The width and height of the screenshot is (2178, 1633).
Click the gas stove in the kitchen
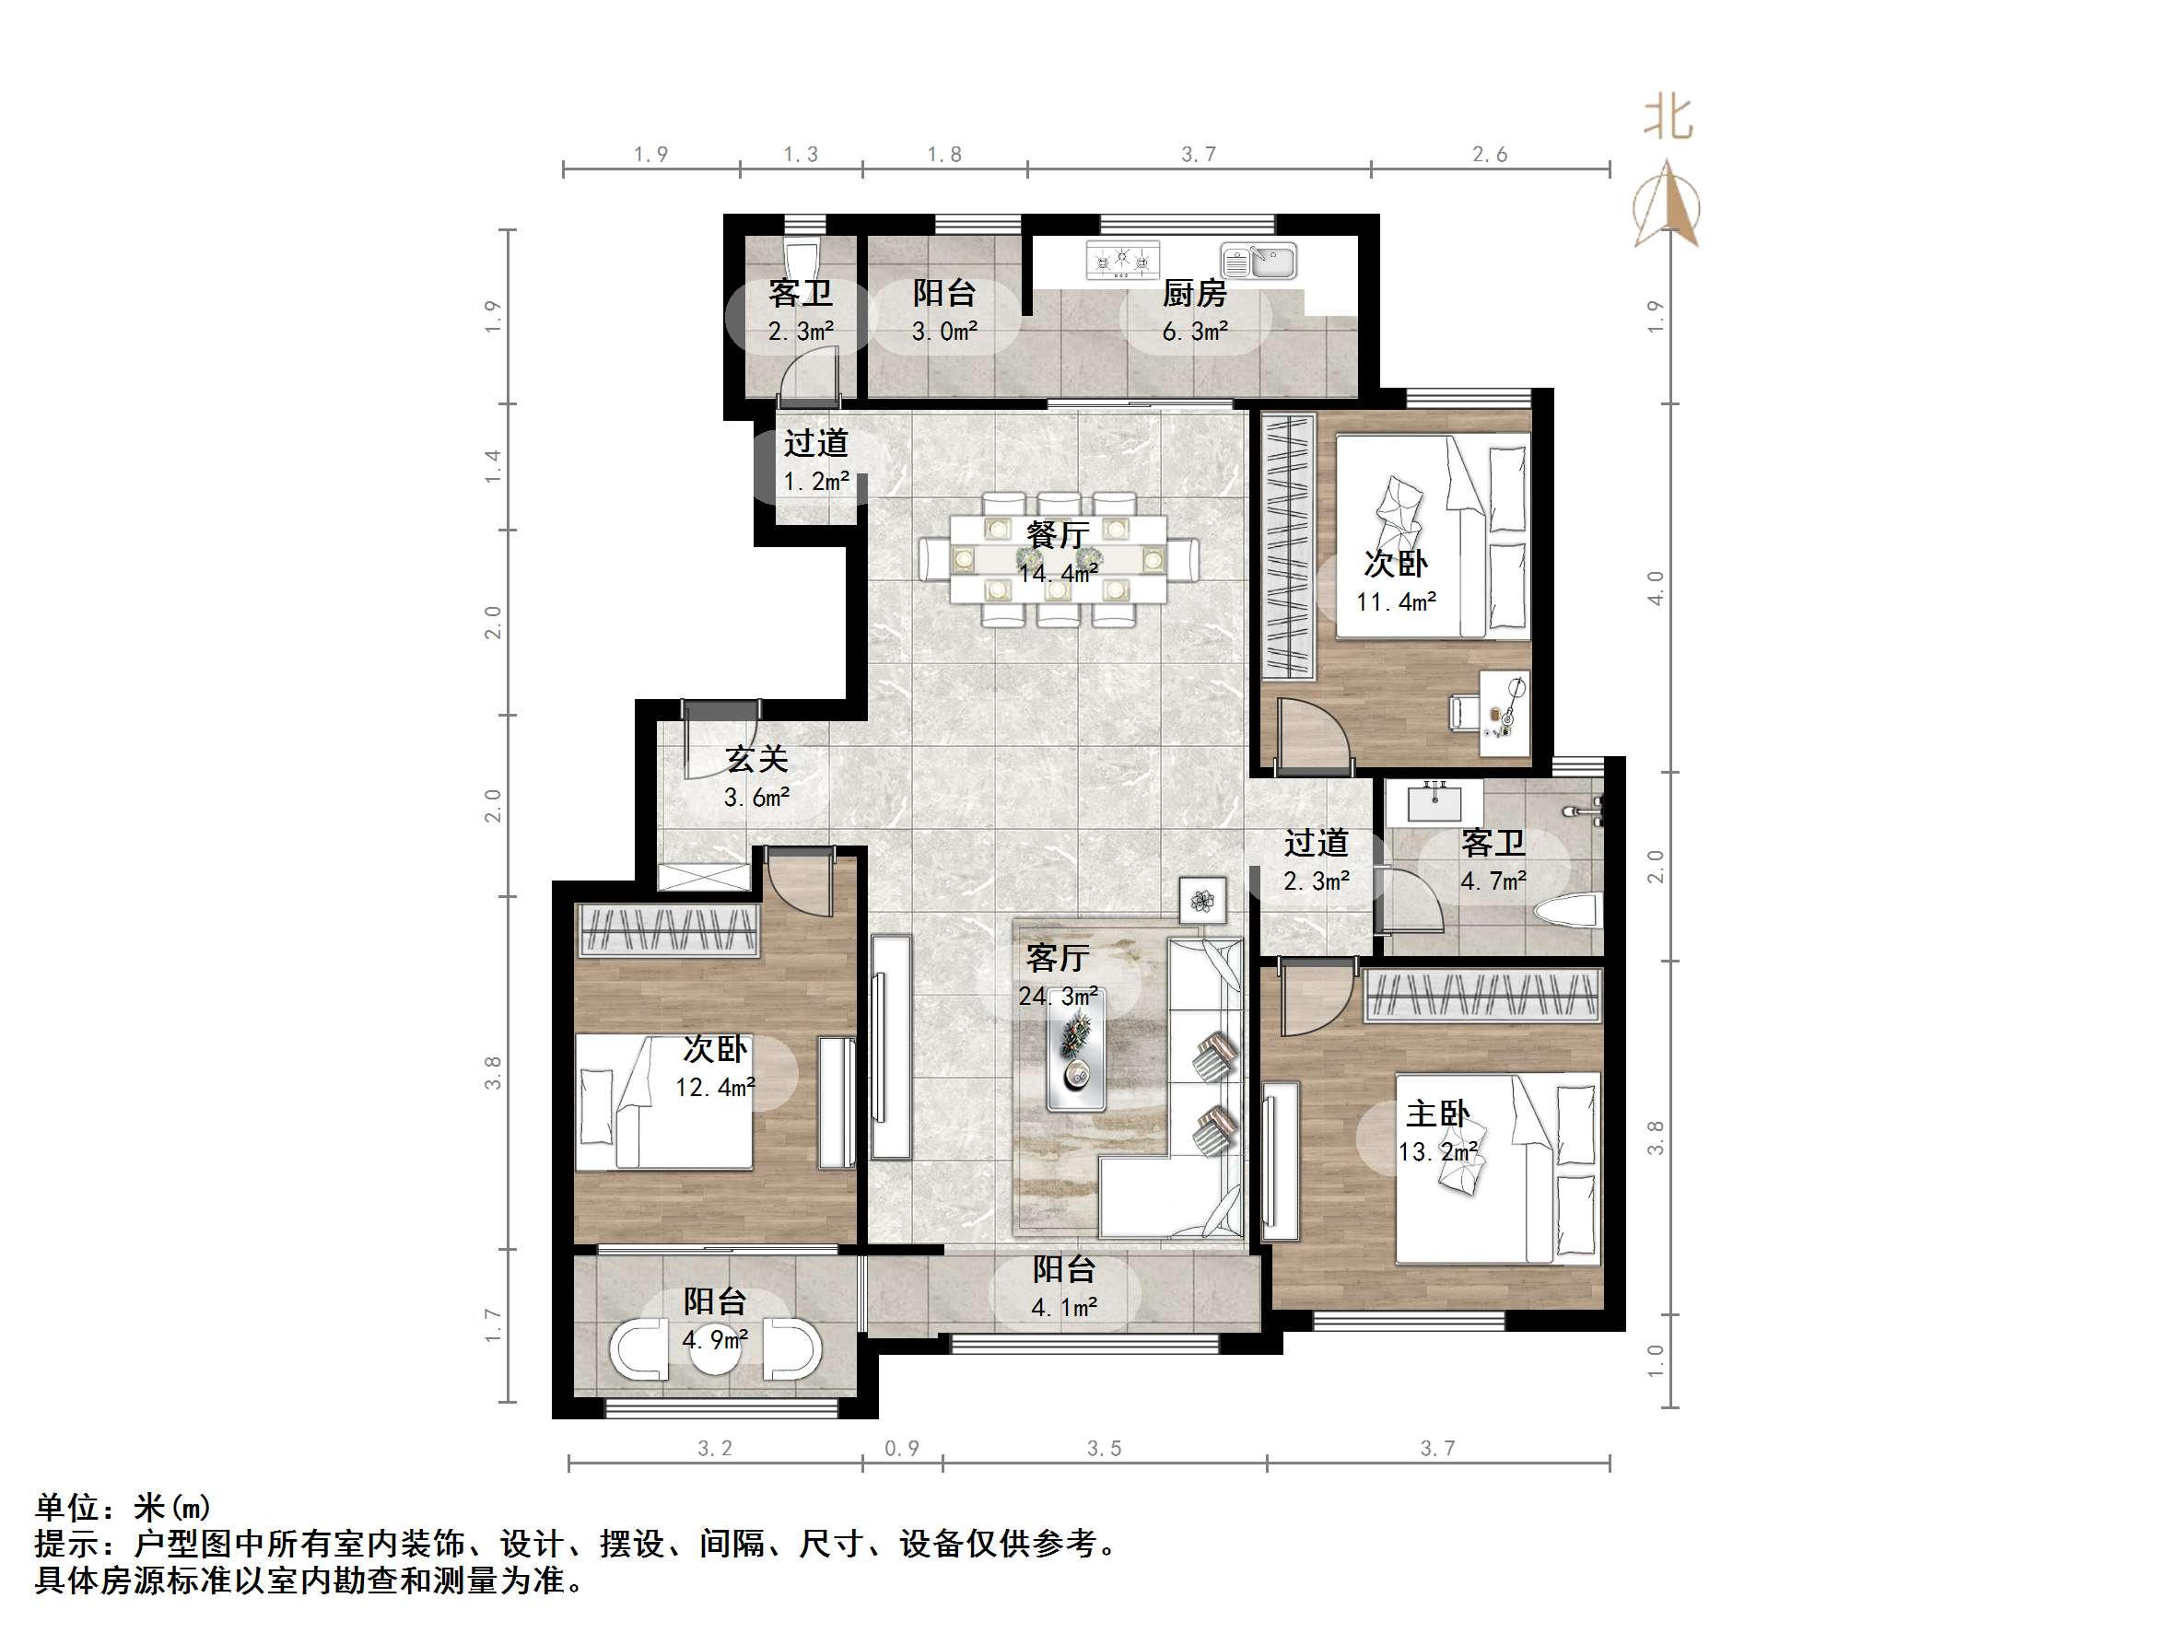(x=1122, y=261)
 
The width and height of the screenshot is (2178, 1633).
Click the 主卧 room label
(x=1436, y=1114)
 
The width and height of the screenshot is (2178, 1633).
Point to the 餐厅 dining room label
(x=1058, y=535)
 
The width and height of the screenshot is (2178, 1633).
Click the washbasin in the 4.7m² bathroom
(x=1434, y=803)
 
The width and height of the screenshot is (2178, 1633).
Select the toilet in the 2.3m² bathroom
(x=802, y=261)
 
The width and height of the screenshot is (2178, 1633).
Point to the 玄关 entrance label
(x=756, y=760)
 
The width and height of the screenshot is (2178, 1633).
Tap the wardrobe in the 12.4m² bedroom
(x=669, y=930)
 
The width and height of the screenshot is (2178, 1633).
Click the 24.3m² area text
(x=1058, y=997)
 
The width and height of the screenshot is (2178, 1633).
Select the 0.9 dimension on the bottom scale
(x=901, y=1448)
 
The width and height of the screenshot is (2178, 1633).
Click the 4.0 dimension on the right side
(x=1656, y=588)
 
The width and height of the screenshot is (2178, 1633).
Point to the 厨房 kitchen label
(x=1194, y=293)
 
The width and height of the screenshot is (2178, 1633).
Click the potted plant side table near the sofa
(x=1202, y=901)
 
